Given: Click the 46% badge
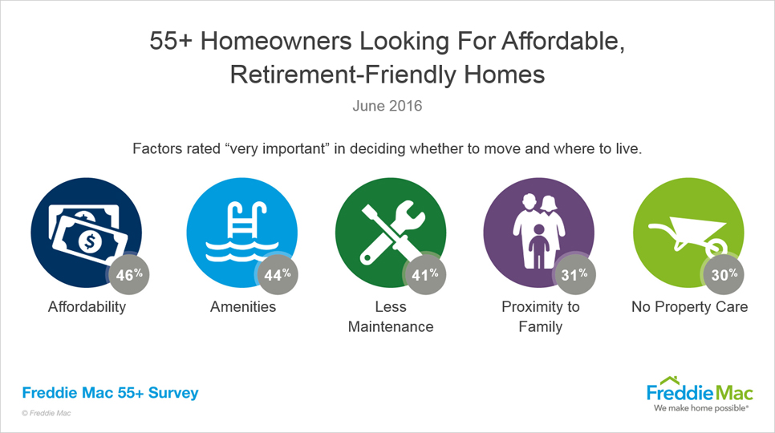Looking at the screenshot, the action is pos(128,274).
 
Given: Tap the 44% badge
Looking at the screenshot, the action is pos(278,274).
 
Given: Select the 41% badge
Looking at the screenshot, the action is pos(425,274).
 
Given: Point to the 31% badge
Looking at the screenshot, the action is pos(574,274).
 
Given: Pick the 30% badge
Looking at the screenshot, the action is pos(724,274).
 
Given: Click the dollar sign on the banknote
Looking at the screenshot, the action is pos(90,241).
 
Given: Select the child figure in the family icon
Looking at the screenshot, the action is pos(539,246).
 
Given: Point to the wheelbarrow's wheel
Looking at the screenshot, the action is pos(716,247).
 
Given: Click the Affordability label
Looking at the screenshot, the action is pos(87,306).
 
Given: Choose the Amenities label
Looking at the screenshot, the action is pos(243,306).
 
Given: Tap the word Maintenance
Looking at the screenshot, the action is pos(391,326).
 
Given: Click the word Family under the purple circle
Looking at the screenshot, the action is pos(540,327).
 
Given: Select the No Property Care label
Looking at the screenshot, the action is pos(689,306).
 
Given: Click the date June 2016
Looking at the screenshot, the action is pos(387,106).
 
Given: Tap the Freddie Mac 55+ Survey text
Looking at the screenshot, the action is pos(110,393).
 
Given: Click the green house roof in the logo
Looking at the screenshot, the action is pos(670,381).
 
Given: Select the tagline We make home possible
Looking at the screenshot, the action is pos(701,408).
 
